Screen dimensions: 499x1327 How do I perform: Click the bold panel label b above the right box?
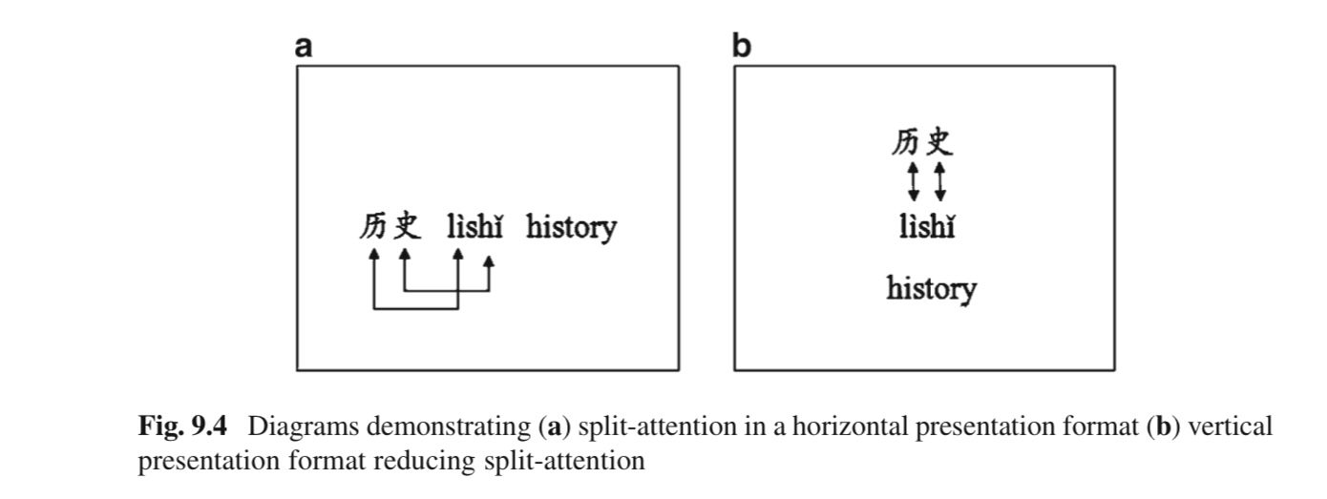click(x=742, y=46)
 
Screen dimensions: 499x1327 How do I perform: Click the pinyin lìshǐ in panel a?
click(x=475, y=227)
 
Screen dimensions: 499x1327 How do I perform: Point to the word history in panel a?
click(x=572, y=229)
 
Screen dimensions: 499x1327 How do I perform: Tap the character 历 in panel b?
click(x=906, y=143)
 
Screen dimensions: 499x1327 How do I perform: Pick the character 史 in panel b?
click(x=939, y=143)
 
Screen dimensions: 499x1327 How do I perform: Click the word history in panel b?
click(x=931, y=288)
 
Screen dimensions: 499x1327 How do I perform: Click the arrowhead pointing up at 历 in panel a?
click(x=373, y=254)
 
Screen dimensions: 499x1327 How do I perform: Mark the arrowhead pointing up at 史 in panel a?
click(x=405, y=254)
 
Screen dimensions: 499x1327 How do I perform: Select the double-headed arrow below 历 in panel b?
click(x=913, y=181)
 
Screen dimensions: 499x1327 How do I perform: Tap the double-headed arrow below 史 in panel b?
click(x=939, y=181)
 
